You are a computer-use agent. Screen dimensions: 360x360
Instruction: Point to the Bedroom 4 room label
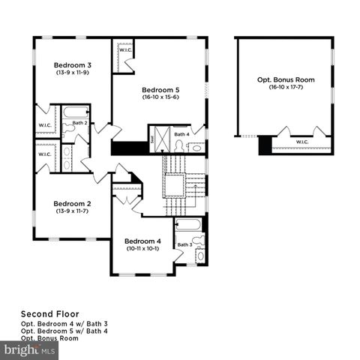142,241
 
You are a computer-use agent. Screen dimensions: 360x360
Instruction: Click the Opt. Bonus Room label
286,79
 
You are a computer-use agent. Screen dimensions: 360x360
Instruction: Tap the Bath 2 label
80,122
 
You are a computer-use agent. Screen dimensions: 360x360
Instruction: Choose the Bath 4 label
181,134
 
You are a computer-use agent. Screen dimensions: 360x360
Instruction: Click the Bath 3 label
184,244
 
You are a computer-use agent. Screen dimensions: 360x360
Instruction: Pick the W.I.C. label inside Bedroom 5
125,50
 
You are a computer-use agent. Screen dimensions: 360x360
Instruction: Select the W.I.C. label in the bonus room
302,142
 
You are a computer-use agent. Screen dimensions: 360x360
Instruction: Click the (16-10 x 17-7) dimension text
286,88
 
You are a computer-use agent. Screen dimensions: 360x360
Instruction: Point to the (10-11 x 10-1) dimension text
142,249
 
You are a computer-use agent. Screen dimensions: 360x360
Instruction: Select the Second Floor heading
49,314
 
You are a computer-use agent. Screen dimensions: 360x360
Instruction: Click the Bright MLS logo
29,350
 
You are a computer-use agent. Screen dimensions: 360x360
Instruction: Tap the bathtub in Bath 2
76,112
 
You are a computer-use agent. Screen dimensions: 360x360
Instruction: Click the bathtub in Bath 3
189,223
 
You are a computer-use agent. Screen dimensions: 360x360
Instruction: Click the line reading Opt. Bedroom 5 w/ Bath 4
64,331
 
